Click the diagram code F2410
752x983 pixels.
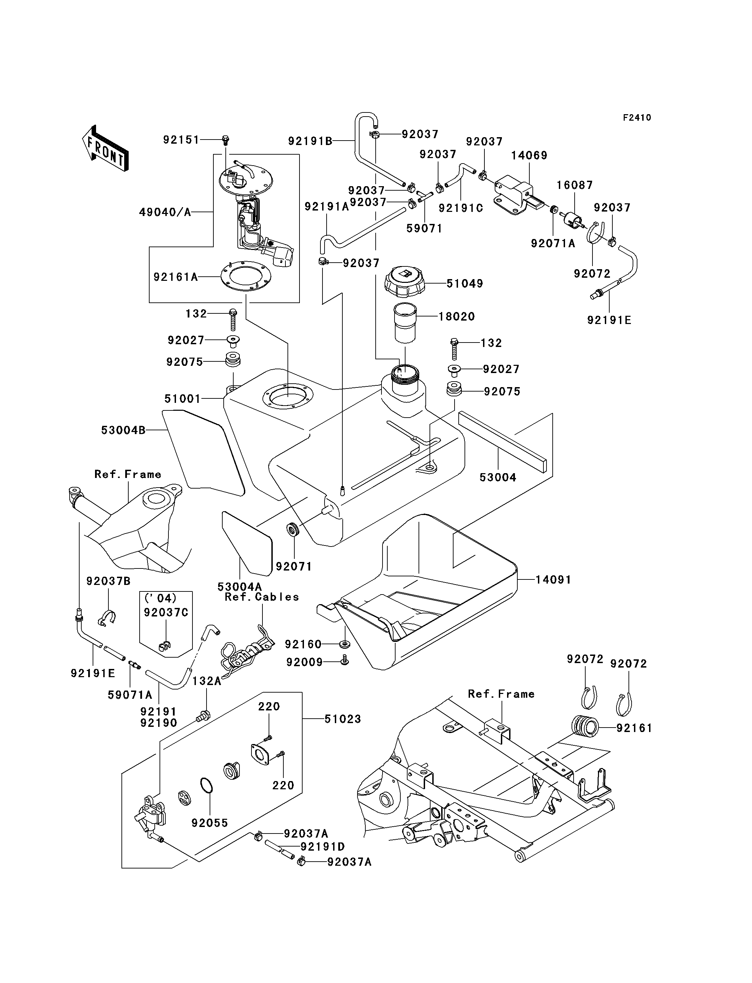637,118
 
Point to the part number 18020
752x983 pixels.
457,317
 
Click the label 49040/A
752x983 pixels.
165,212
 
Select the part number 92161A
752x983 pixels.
175,277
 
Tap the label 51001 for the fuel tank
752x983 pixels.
183,399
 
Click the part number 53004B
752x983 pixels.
123,430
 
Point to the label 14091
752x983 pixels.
553,580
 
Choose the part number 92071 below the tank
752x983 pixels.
294,566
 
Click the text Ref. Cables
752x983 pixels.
262,597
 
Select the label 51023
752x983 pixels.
342,719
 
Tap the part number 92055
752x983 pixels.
210,823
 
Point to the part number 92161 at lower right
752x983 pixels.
634,728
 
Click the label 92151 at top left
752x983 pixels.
181,140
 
